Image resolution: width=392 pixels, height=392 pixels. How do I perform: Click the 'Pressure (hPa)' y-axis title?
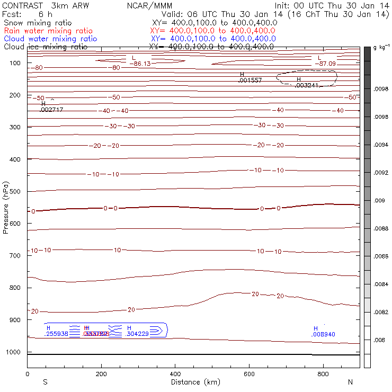tap(6, 207)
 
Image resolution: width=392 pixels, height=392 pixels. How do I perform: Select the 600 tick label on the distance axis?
tap(323, 374)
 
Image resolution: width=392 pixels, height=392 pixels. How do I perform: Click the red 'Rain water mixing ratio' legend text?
tap(50, 31)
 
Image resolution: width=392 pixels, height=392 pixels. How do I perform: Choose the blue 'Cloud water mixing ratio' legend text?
tap(50, 39)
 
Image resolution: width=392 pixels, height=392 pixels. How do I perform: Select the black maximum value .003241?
tap(307, 85)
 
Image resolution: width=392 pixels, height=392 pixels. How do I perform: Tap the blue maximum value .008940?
tap(324, 334)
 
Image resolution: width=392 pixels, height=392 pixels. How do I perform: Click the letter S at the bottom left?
tap(45, 382)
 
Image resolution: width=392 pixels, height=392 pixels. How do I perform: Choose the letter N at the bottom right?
tap(350, 382)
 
